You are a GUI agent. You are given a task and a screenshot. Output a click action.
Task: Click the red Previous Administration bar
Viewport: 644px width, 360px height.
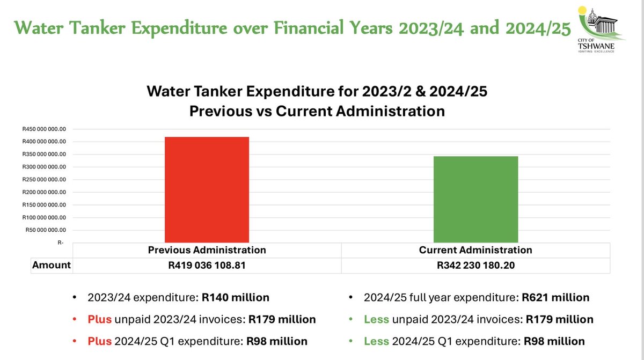point(207,189)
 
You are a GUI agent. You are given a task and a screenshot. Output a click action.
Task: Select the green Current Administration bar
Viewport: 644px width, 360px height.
point(475,199)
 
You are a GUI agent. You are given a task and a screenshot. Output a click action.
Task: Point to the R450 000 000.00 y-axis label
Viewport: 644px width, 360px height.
point(44,129)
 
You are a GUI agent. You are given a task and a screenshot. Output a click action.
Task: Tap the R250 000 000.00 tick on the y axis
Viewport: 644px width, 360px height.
point(44,180)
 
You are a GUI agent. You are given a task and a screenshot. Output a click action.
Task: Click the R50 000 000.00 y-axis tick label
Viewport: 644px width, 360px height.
point(46,230)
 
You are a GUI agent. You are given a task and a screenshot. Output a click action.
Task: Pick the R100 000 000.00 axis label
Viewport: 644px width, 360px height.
point(44,217)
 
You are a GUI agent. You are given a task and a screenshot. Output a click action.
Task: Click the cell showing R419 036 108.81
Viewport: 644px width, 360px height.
point(207,265)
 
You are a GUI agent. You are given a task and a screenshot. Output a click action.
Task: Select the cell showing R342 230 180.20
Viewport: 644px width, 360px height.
point(475,265)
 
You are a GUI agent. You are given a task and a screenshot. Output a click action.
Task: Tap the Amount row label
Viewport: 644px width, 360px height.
point(52,265)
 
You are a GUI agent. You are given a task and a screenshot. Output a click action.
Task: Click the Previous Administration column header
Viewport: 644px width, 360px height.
point(207,250)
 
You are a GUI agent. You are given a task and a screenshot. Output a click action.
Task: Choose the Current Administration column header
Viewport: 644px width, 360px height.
point(475,250)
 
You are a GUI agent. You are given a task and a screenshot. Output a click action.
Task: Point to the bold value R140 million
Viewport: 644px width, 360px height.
point(236,297)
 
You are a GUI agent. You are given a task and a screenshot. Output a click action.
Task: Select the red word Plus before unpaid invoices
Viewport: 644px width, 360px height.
point(99,319)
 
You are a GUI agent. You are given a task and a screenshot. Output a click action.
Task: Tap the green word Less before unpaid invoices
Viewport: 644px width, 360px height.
point(376,319)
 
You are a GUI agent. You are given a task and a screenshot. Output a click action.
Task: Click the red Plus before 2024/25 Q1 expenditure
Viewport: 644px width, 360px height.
point(99,341)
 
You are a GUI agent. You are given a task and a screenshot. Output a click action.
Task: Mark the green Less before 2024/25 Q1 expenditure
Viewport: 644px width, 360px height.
point(376,341)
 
